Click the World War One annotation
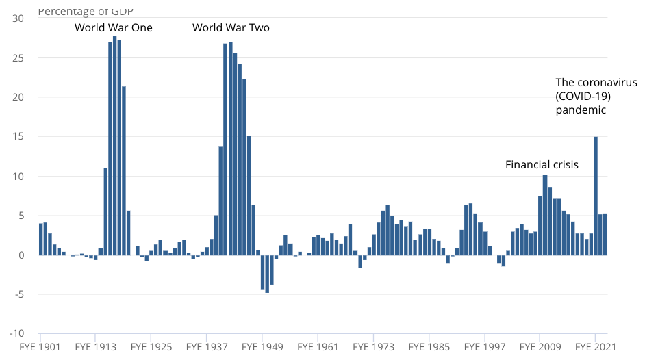click(114, 28)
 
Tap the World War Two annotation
click(231, 28)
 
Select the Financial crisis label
click(542, 165)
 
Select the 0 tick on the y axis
click(21, 255)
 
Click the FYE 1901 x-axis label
click(40, 348)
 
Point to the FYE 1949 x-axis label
click(262, 348)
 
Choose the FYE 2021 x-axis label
click(595, 348)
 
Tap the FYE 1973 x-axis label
click(373, 348)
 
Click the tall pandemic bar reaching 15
click(596, 196)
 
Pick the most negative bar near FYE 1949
click(267, 274)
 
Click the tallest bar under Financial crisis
click(545, 215)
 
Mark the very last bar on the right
click(605, 234)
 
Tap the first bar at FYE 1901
click(41, 239)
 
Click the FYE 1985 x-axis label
click(429, 348)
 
